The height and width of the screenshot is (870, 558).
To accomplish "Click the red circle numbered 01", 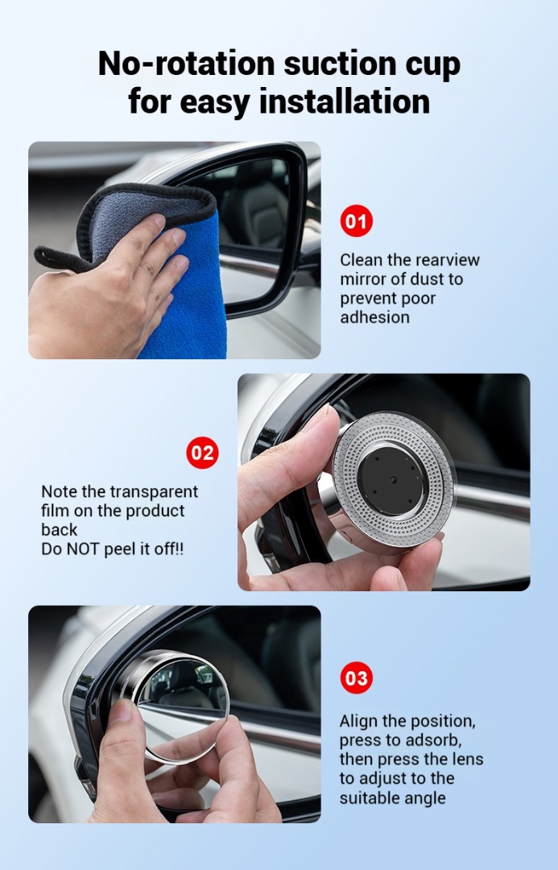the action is tap(356, 221).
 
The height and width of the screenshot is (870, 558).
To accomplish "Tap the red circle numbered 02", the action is tap(202, 453).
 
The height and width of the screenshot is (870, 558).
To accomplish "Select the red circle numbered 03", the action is tap(356, 677).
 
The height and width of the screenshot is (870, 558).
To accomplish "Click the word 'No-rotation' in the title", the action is tap(186, 63).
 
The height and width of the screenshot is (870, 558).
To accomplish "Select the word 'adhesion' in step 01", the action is tap(375, 317).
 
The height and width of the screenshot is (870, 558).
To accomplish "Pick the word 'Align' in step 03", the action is tap(359, 721).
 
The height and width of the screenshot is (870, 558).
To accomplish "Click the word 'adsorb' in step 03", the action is tap(432, 740).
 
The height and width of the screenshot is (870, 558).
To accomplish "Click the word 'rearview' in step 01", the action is tap(448, 259).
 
